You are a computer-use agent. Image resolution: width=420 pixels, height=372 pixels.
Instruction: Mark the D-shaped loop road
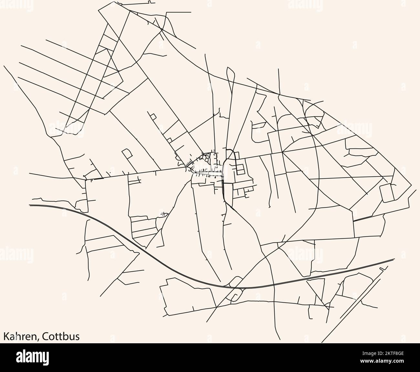(127, 153)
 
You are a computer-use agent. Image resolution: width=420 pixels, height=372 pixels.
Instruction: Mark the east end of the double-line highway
(394, 259)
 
